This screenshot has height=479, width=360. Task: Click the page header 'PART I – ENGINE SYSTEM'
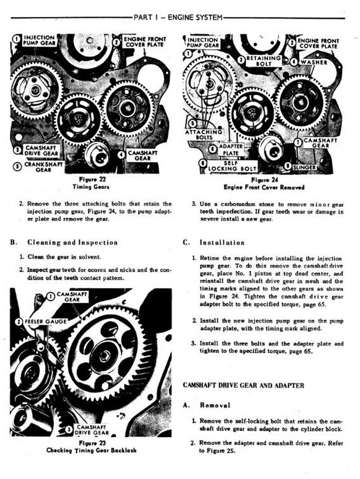tap(178, 18)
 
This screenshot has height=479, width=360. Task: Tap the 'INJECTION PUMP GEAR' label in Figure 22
tap(40, 40)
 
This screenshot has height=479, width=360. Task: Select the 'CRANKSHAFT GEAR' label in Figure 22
tap(43, 167)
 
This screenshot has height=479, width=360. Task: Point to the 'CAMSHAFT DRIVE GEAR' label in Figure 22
tap(41, 151)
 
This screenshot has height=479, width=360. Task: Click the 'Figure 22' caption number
tap(92, 179)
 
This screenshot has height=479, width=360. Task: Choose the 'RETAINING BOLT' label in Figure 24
tap(263, 61)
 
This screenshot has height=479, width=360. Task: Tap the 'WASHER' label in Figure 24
tap(314, 63)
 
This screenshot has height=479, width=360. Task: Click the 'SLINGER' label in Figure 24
tap(304, 167)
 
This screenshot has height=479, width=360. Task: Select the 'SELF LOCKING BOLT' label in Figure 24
tap(232, 166)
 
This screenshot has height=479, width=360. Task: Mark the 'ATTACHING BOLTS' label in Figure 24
tap(204, 135)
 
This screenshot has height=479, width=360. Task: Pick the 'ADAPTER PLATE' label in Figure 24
tap(231, 150)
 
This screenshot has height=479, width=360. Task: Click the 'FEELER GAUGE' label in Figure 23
tap(45, 322)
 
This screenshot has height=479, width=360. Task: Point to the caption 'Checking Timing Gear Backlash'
tap(91, 450)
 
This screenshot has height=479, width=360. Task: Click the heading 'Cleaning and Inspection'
tap(72, 242)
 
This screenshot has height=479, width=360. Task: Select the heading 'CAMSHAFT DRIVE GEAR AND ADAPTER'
tap(243, 385)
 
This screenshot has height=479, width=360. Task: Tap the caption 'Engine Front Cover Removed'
tap(264, 187)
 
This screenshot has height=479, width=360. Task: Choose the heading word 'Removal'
tap(215, 405)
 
